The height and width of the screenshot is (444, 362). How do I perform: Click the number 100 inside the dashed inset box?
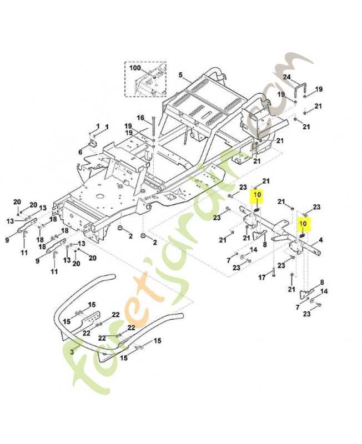pos(135,68)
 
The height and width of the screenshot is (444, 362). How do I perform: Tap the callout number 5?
pos(180,74)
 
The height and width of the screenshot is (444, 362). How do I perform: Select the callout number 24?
pos(286,77)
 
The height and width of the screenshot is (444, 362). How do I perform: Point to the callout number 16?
pos(140,117)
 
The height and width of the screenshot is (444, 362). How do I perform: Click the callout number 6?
pos(80,152)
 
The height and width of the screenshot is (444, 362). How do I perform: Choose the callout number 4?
pos(320,240)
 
